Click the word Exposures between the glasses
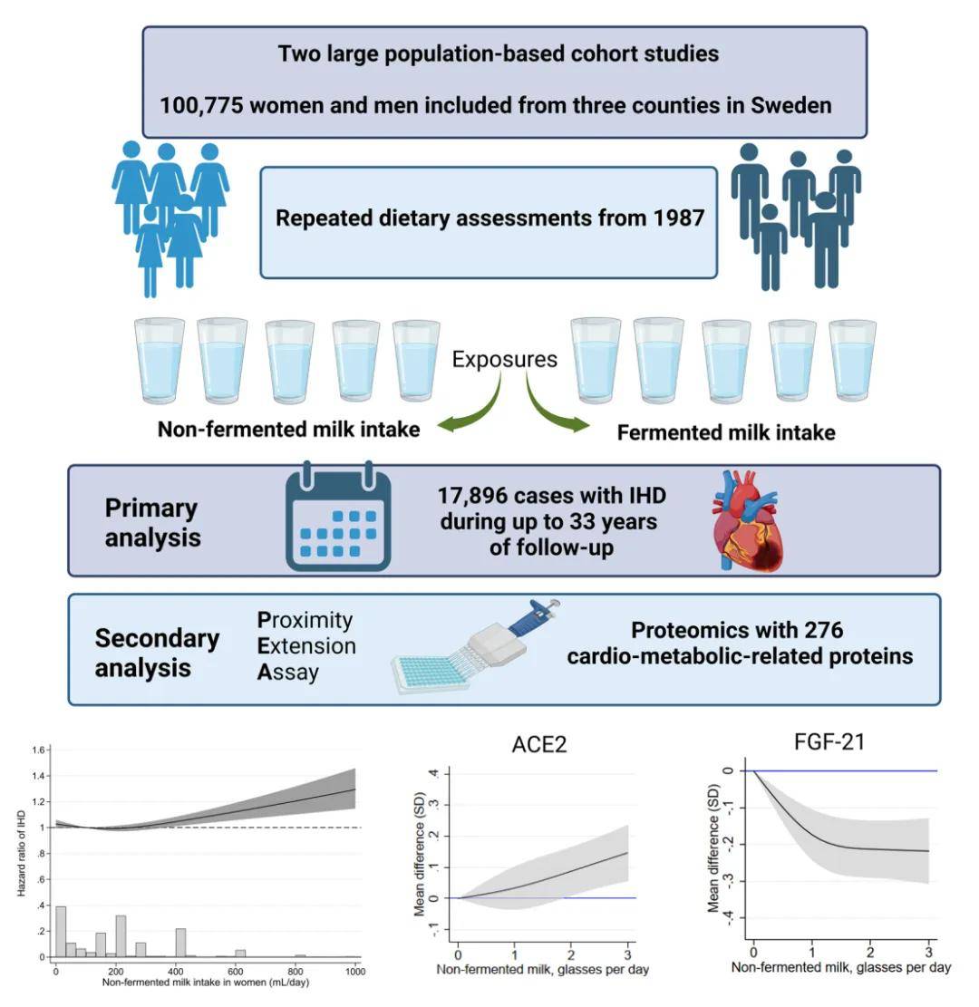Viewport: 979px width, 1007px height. click(505, 360)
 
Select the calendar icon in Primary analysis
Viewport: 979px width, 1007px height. click(338, 520)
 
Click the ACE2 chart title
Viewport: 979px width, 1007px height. click(540, 745)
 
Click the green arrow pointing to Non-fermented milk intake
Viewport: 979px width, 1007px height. click(470, 407)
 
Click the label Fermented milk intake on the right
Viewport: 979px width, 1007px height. click(725, 433)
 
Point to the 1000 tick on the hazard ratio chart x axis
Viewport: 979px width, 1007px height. click(354, 971)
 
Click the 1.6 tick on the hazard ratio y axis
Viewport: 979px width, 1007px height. click(38, 751)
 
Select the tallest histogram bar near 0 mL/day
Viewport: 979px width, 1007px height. click(61, 931)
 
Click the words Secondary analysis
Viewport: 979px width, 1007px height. click(157, 653)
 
